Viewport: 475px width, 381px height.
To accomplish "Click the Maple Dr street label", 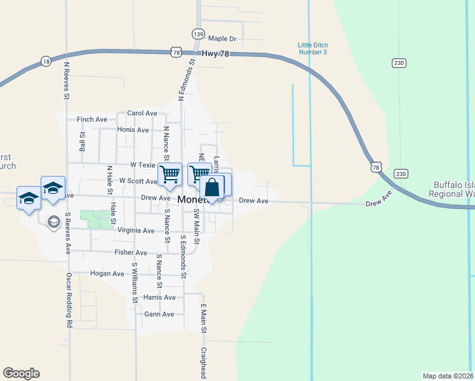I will coord(222,39).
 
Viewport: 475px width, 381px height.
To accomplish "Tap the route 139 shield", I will coord(199,34).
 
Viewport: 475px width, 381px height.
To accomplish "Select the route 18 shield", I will coord(46,61).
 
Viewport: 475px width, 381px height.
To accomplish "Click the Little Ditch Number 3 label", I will coord(312,48).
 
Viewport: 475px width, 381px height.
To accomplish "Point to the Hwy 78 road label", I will coord(215,54).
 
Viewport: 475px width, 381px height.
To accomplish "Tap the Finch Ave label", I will coord(92,119).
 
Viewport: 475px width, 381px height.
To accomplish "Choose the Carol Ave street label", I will coord(142,113).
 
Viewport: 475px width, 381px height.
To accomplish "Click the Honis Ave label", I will coord(133,130).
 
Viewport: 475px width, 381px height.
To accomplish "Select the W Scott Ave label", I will coord(138,181).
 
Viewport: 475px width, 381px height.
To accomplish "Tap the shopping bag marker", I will coord(212,188).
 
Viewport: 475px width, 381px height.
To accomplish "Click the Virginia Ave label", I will coord(136,231).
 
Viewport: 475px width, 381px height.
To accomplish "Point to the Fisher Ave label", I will coord(131,252).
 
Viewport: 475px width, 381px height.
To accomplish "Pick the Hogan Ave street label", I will coord(108,274).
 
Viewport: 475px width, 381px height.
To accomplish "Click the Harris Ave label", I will coord(159,297).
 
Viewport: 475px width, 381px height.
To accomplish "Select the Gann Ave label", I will coord(159,314).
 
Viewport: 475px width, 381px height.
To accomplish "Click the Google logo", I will coord(21,373).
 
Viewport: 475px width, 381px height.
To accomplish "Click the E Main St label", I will coord(204,319).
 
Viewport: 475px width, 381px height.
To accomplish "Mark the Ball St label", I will coord(83,141).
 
